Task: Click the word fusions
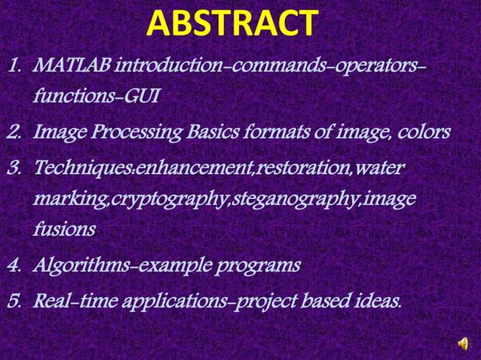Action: point(64,230)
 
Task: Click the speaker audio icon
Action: point(462,343)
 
